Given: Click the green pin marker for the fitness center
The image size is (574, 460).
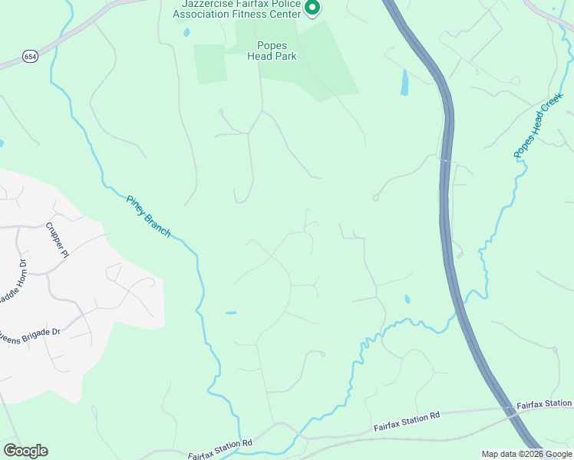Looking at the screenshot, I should tap(312, 8).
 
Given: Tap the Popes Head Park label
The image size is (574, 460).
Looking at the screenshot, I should tap(267, 51).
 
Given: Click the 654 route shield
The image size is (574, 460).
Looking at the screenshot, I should tap(30, 57).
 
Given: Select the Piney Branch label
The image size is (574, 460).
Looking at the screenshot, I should tap(148, 215).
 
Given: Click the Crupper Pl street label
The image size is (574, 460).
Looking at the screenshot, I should tap(58, 239).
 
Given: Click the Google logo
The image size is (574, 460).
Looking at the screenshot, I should tap(25, 451).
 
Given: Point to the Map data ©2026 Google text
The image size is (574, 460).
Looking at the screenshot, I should tap(526, 454).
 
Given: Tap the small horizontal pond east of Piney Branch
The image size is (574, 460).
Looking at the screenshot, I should tap(230, 313).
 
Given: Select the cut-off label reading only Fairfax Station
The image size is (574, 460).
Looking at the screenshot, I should tap(544, 403).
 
